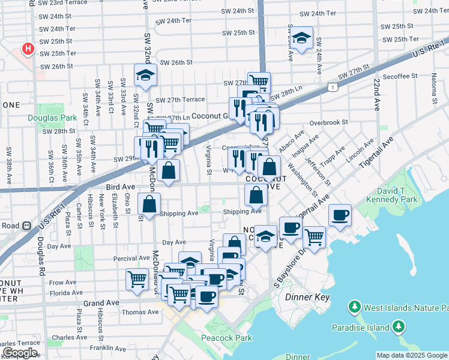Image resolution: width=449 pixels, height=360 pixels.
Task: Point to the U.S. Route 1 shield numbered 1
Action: [332, 88]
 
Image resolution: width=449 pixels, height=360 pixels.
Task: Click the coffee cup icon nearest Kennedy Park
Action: [340, 215]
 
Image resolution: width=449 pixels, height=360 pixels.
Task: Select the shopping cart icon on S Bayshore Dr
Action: [314, 237]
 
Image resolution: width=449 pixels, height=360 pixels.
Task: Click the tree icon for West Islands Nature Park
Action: [354, 308]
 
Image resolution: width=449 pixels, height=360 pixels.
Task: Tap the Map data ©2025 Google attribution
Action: [411, 355]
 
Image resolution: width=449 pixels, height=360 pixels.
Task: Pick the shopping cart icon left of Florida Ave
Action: [137, 279]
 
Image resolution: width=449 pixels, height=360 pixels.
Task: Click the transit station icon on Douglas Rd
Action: [26, 226]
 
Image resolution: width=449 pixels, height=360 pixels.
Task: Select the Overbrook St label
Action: [328, 122]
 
